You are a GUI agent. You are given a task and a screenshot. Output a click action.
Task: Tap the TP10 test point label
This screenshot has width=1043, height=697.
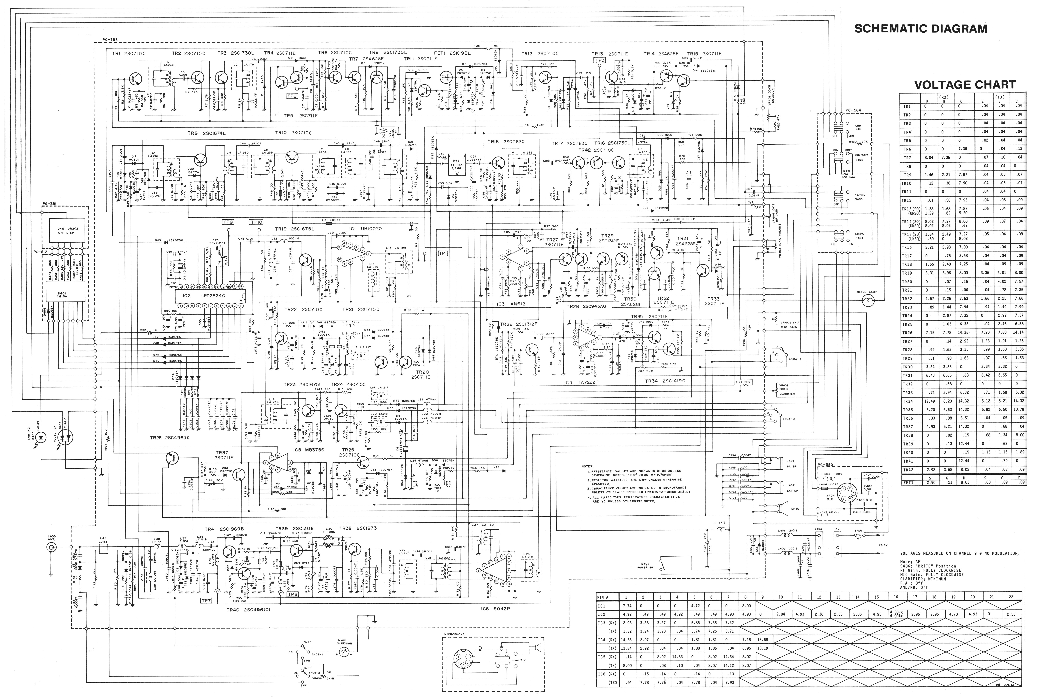pos(256,222)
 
